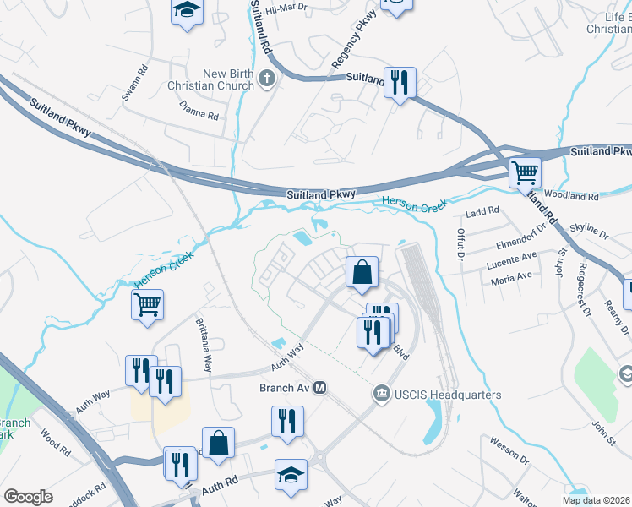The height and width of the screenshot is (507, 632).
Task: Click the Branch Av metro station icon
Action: point(319,388)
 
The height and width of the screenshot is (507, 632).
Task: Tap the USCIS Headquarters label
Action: point(447,395)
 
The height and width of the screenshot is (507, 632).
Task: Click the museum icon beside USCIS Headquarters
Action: point(381,394)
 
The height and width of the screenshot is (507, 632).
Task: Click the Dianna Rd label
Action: point(199,111)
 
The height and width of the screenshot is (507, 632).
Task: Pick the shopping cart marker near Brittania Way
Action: point(147,303)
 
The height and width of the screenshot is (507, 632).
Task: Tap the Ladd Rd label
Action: point(482,210)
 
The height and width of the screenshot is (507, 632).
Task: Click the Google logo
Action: point(28,497)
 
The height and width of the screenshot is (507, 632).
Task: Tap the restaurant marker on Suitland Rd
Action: point(399,82)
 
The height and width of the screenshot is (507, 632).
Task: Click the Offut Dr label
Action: point(461,244)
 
